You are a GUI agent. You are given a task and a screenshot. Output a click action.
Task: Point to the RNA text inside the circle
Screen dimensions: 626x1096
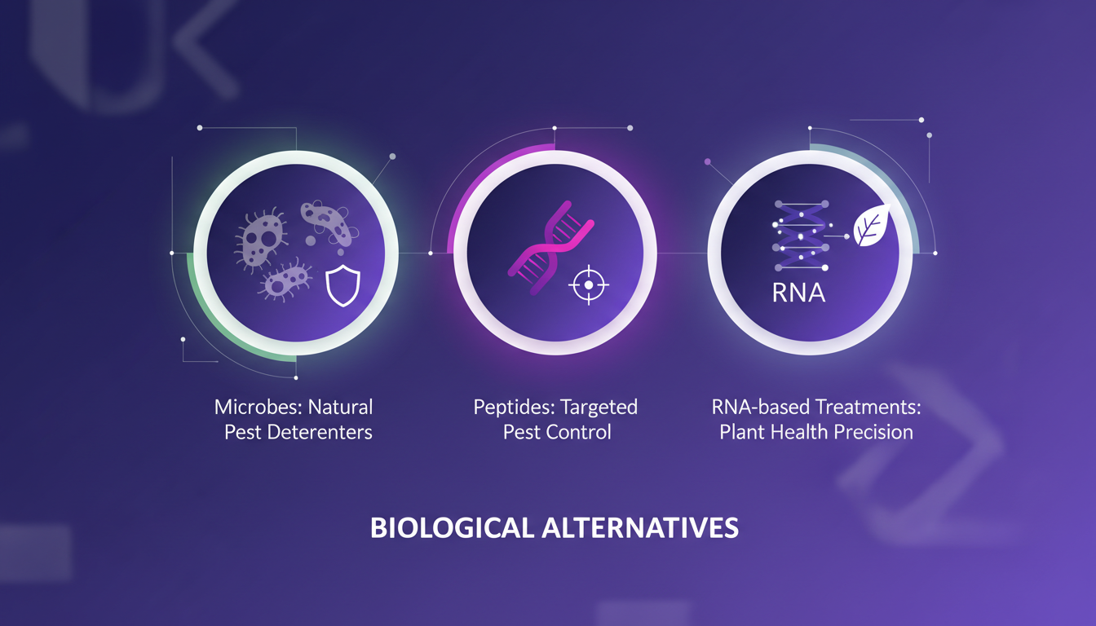(798, 293)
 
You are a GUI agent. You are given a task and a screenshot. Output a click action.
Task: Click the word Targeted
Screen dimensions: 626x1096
(600, 406)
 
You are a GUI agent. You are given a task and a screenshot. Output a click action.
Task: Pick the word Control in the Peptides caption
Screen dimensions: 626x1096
(579, 432)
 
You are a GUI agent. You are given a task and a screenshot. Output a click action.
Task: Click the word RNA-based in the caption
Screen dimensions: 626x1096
(753, 406)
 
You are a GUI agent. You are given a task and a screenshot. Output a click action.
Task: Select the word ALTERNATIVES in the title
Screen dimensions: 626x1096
(641, 528)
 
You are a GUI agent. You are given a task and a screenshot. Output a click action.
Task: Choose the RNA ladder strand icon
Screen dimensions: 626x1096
(799, 236)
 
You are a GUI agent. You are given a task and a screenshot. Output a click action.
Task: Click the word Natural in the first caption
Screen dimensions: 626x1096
(340, 406)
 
